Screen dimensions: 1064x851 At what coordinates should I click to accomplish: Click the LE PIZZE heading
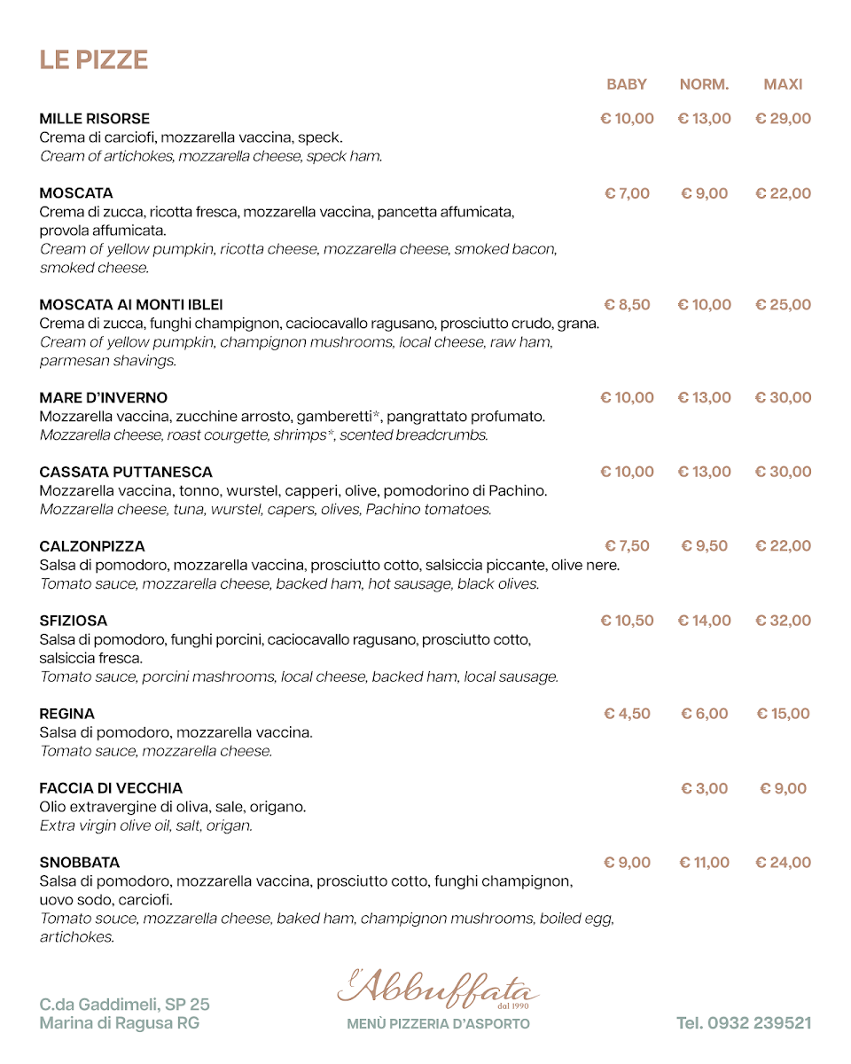tap(93, 59)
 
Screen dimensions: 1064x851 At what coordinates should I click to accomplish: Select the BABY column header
tap(627, 84)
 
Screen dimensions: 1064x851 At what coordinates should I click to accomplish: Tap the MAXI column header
tap(783, 84)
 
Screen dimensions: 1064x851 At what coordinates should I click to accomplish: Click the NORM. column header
tap(704, 84)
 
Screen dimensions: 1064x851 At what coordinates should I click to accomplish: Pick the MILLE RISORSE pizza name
tap(95, 119)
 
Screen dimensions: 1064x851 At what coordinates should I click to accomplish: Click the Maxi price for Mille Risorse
tap(783, 119)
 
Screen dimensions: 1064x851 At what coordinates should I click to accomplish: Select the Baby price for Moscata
tap(627, 193)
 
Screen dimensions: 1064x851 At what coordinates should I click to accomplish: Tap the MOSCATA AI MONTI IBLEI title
tap(131, 305)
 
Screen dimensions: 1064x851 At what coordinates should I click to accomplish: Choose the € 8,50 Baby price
tap(627, 305)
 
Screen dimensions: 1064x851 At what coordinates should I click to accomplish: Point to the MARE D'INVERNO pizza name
tap(104, 398)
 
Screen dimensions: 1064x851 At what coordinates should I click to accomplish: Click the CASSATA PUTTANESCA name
tap(126, 472)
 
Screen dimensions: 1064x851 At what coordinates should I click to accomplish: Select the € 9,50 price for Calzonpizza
tap(704, 546)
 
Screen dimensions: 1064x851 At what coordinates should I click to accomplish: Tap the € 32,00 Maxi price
tap(783, 621)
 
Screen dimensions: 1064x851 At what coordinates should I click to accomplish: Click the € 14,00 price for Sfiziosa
tap(704, 621)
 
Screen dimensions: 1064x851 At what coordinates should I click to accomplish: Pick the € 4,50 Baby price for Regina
tap(627, 714)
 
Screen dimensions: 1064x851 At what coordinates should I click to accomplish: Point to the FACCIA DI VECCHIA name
tap(111, 788)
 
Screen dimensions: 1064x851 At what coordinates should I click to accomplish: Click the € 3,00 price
tap(704, 788)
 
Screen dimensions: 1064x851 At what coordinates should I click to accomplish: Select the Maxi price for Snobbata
tap(783, 863)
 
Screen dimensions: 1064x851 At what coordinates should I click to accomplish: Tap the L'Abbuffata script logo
tap(438, 989)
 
